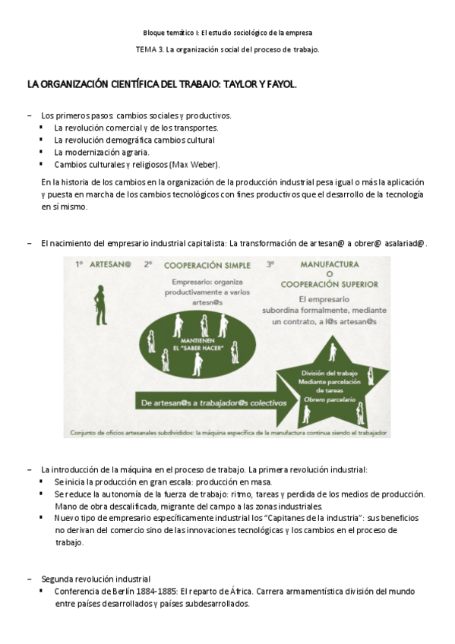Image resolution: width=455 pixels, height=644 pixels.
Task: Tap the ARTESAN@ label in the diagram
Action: tap(113, 266)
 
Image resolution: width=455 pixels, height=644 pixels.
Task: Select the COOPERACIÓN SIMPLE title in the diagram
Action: tap(199, 266)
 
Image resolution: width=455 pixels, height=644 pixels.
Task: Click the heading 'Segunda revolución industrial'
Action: tap(96, 579)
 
